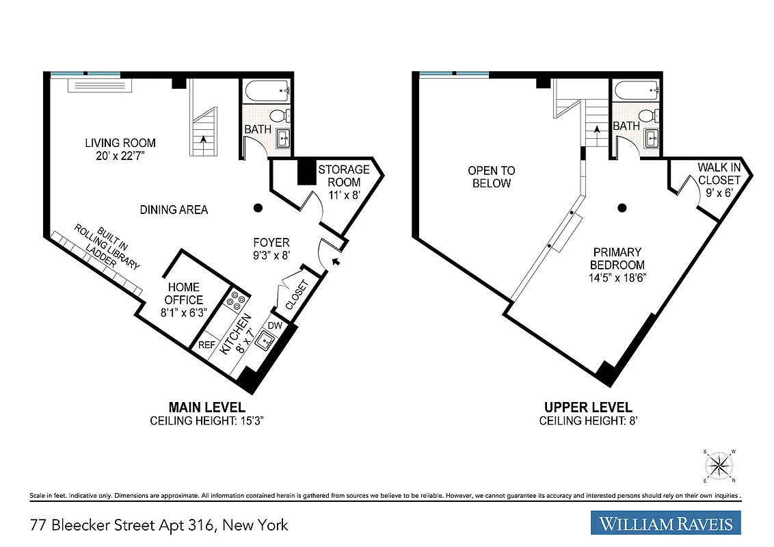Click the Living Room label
[120, 143]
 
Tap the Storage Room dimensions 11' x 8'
[343, 194]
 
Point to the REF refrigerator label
[206, 345]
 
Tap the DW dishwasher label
[274, 326]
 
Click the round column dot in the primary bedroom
[622, 208]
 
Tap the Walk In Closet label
[719, 174]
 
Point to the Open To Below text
[491, 176]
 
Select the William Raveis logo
[665, 524]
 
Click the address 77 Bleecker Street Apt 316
[159, 525]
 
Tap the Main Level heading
[206, 408]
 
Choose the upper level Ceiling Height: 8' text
[588, 421]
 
